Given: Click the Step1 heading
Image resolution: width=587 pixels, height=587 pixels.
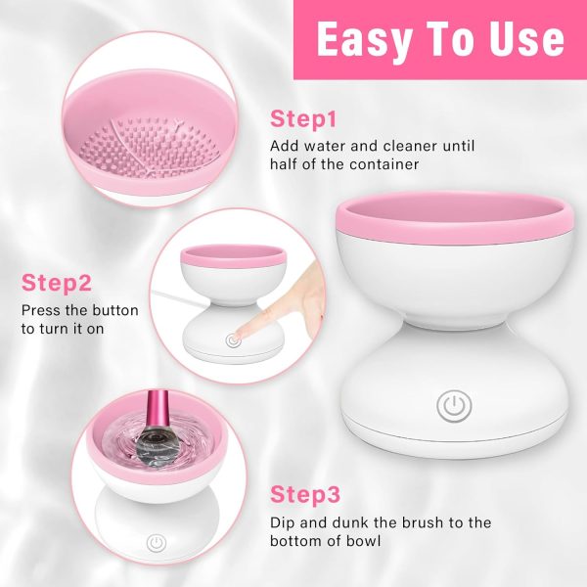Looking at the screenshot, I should (303, 120).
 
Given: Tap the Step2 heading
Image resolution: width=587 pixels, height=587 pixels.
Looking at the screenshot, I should (57, 284).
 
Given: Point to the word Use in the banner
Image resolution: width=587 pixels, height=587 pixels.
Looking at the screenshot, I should (523, 40).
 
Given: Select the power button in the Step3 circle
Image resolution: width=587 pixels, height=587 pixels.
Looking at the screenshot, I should (155, 542).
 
